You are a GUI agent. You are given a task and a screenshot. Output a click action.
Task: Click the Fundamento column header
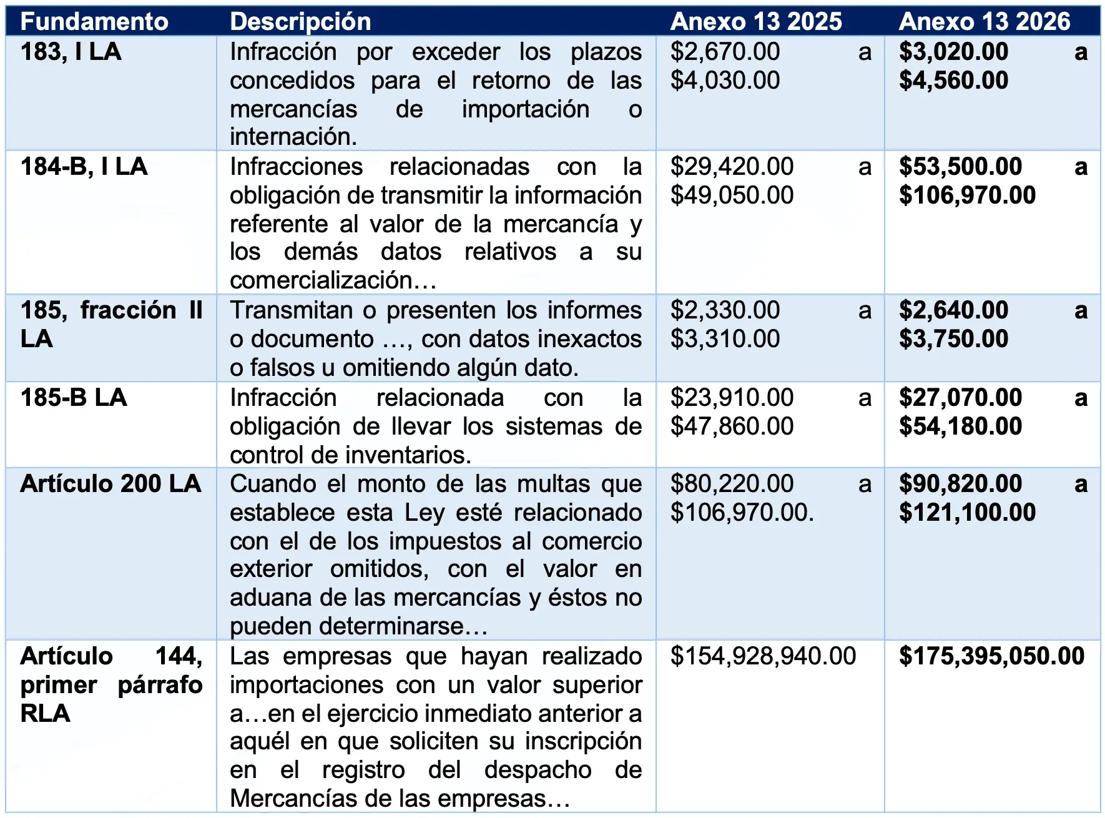pyautogui.click(x=94, y=22)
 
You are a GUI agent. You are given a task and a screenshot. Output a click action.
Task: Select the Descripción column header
pyautogui.click(x=300, y=22)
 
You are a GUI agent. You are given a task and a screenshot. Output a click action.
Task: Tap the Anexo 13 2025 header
pyautogui.click(x=756, y=22)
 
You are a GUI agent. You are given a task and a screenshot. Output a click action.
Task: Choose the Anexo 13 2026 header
pyautogui.click(x=985, y=22)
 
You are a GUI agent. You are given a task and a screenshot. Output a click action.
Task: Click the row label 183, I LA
pyautogui.click(x=71, y=52)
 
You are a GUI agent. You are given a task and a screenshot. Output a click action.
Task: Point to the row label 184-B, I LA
pyautogui.click(x=84, y=167)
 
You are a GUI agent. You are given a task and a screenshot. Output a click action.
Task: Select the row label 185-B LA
pyautogui.click(x=74, y=398)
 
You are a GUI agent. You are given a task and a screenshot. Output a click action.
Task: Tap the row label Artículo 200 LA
pyautogui.click(x=110, y=484)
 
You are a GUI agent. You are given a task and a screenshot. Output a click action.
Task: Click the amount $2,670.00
pyautogui.click(x=725, y=52)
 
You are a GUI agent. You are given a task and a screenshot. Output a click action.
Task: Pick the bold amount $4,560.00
pyautogui.click(x=953, y=81)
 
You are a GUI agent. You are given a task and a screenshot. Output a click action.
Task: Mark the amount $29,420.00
pyautogui.click(x=732, y=167)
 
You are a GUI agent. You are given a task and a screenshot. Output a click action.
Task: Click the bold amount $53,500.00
pyautogui.click(x=960, y=167)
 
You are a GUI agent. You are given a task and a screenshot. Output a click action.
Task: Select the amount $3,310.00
pyautogui.click(x=725, y=339)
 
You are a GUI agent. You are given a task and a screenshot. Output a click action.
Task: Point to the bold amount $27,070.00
pyautogui.click(x=960, y=398)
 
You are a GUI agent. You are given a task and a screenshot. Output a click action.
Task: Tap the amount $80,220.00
pyautogui.click(x=732, y=484)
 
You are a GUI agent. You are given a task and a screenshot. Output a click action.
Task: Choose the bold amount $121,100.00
pyautogui.click(x=967, y=513)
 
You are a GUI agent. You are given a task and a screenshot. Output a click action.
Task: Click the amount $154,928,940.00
pyautogui.click(x=763, y=656)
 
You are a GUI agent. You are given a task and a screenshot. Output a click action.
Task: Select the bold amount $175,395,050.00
pyautogui.click(x=991, y=656)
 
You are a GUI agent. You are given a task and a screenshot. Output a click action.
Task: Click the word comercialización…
pyautogui.click(x=333, y=280)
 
